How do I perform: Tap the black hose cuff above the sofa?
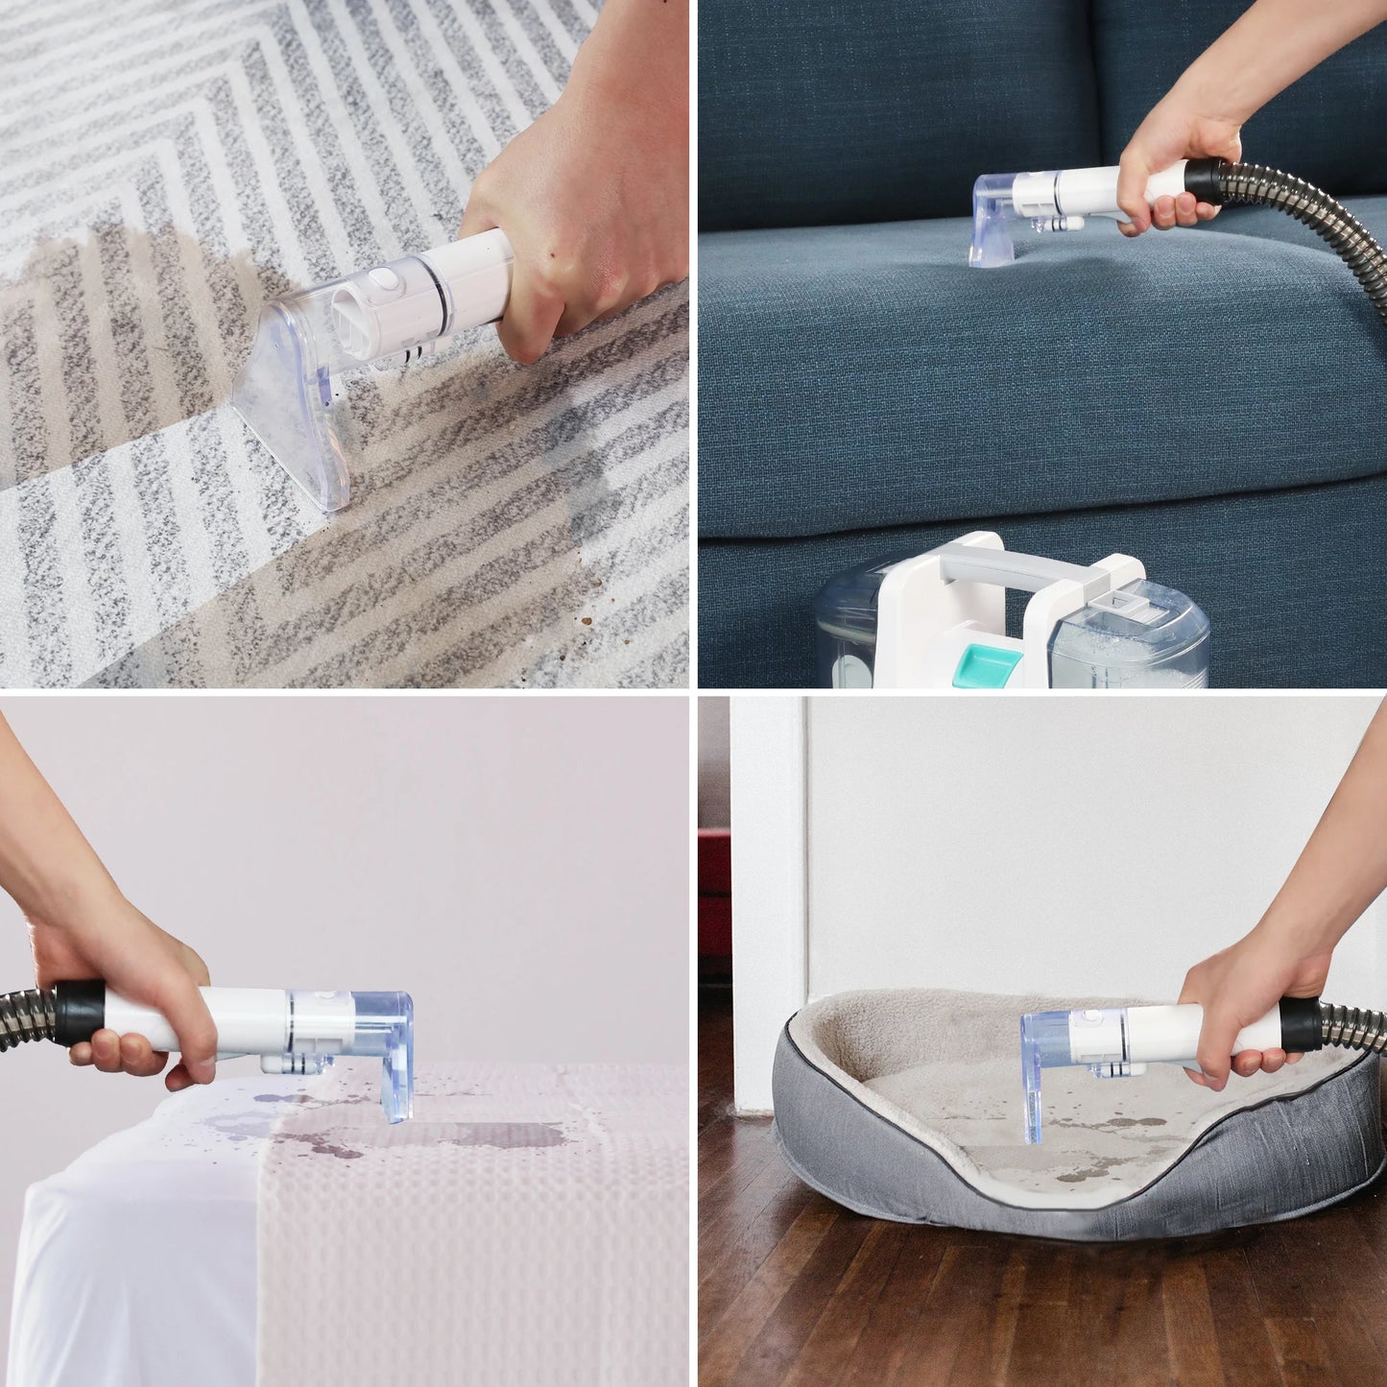1206,180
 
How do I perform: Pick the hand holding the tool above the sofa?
1166,158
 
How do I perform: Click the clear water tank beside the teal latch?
1128,638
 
